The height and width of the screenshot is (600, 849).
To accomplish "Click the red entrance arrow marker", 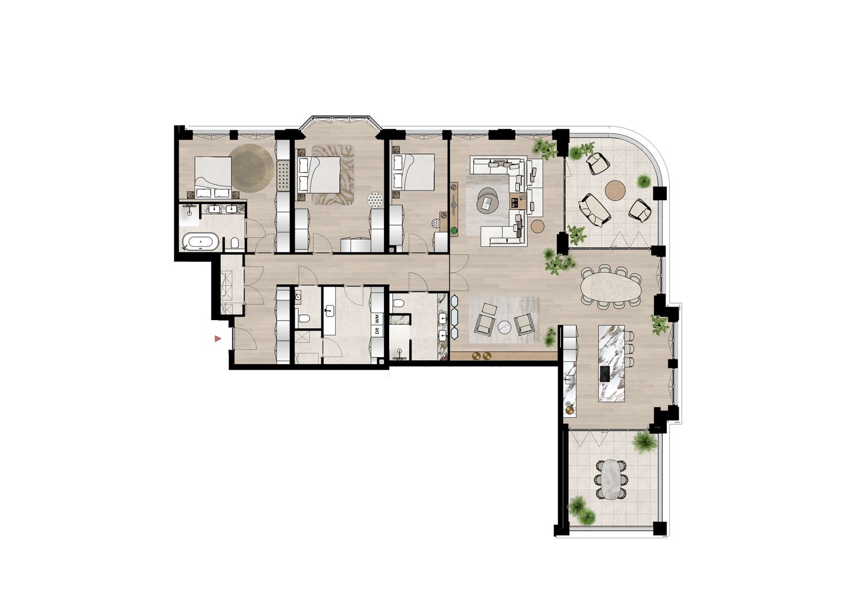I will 218,339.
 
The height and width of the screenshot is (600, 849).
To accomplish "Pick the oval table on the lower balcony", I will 610,479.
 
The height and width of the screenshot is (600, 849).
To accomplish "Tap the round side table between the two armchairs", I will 505,327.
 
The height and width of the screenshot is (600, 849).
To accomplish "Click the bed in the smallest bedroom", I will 414,172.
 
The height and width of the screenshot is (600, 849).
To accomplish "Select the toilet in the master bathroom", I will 234,242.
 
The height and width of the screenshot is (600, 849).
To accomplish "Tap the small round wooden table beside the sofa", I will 538,225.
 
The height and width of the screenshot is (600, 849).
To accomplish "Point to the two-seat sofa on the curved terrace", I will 593,209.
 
